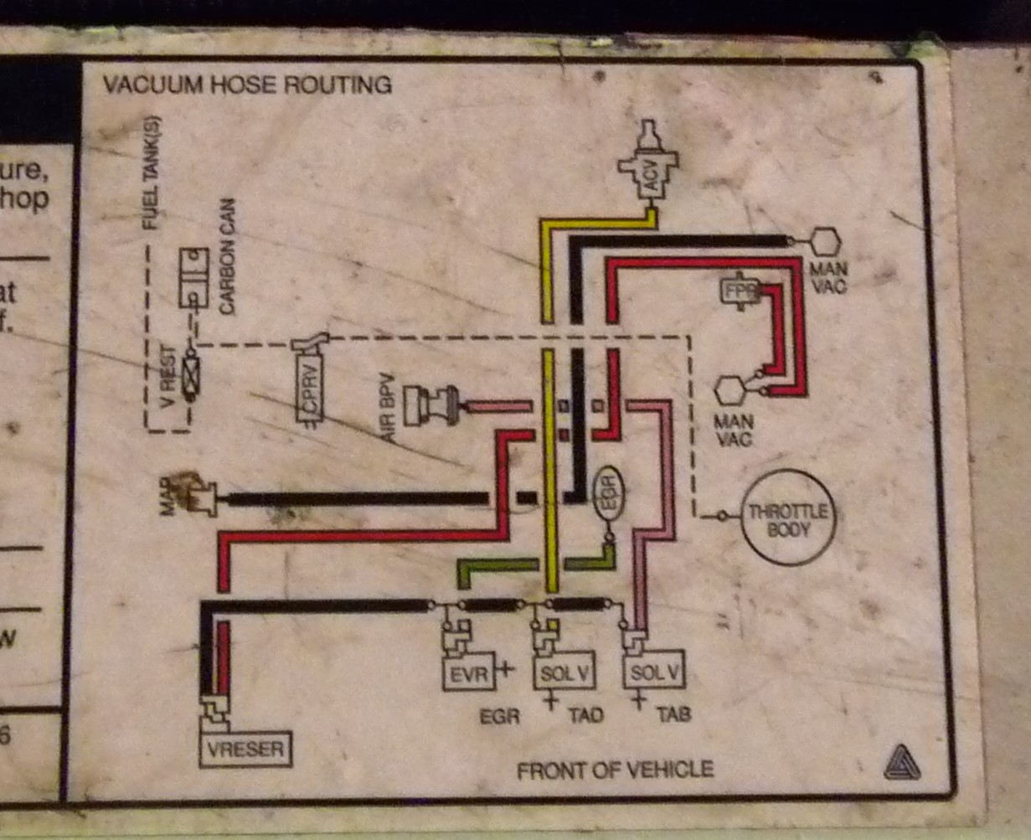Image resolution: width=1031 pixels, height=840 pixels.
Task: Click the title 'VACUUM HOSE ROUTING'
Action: tap(246, 85)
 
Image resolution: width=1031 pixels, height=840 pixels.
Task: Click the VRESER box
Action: tap(245, 748)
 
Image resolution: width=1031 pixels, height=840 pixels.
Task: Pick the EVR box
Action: tap(467, 673)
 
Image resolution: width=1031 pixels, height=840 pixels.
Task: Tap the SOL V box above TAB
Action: tap(655, 671)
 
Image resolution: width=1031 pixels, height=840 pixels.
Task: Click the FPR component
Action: tap(740, 292)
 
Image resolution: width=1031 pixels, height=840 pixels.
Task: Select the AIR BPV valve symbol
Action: tap(430, 406)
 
